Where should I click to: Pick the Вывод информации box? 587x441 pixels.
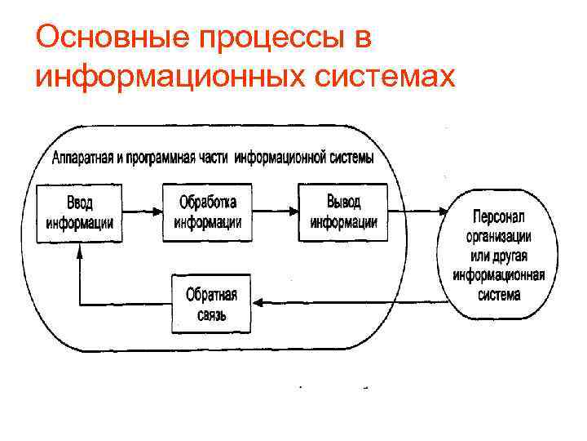click(x=343, y=212)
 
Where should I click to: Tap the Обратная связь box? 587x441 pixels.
click(x=211, y=304)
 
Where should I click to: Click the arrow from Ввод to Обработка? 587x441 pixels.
click(x=143, y=212)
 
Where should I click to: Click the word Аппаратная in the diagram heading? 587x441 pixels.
click(x=82, y=158)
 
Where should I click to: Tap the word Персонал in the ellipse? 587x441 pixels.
click(x=499, y=216)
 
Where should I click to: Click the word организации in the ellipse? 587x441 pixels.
click(x=499, y=236)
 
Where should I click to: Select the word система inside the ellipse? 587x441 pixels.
click(x=499, y=294)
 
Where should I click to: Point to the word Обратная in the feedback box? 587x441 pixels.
click(x=211, y=294)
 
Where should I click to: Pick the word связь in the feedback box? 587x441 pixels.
click(x=211, y=315)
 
